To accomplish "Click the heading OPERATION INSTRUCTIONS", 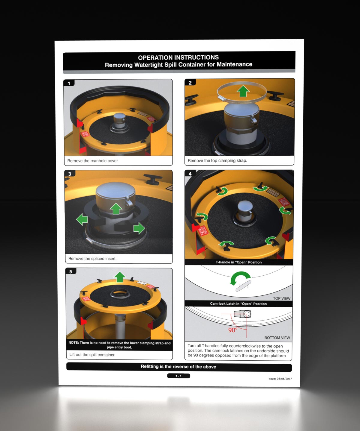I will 178,57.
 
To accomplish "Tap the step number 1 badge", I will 69,83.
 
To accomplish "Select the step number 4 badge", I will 190,174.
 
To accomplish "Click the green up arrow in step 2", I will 243,91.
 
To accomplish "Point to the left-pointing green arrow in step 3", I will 82,219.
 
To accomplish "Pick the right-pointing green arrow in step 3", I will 139,228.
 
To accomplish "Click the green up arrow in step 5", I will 120,277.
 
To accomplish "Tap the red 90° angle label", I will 233,330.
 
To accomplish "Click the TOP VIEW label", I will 281,298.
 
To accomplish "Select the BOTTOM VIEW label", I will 277,338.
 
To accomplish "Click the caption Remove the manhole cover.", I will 93,161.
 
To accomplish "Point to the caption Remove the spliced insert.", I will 92,259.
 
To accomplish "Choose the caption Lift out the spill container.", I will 92,355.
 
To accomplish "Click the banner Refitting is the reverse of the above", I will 178,367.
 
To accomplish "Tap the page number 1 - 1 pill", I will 178,376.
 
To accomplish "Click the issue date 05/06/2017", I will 284,379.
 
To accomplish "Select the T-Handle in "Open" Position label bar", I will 238,262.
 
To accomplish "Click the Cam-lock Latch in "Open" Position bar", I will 238,303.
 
